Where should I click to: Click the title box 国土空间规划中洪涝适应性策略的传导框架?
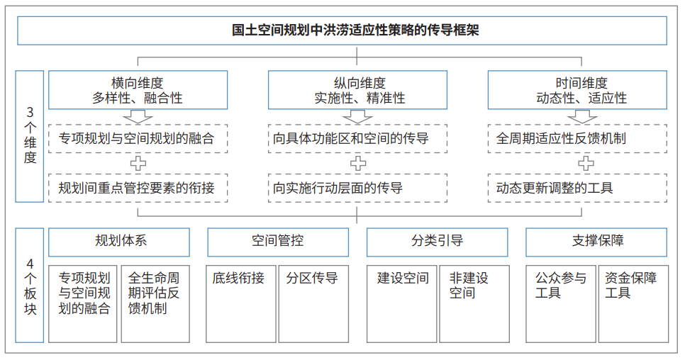342,30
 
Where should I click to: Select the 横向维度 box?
138,90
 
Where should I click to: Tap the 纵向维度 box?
357,90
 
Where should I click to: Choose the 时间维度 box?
577,90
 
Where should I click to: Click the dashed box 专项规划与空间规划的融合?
138,139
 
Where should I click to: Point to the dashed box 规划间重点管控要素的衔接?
138,188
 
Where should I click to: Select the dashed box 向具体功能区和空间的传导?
357,139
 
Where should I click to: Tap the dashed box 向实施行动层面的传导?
357,188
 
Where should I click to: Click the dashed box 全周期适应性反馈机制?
577,139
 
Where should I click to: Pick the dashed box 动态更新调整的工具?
577,188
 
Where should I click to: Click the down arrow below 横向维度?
138,117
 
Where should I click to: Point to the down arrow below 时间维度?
582,117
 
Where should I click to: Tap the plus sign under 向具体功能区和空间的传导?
358,164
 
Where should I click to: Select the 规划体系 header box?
119,242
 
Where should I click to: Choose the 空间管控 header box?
278,242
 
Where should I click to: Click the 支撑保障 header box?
596,242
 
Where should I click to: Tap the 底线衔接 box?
240,304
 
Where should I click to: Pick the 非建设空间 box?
474,304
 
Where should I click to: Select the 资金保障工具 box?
633,304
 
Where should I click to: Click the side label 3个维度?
30,136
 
